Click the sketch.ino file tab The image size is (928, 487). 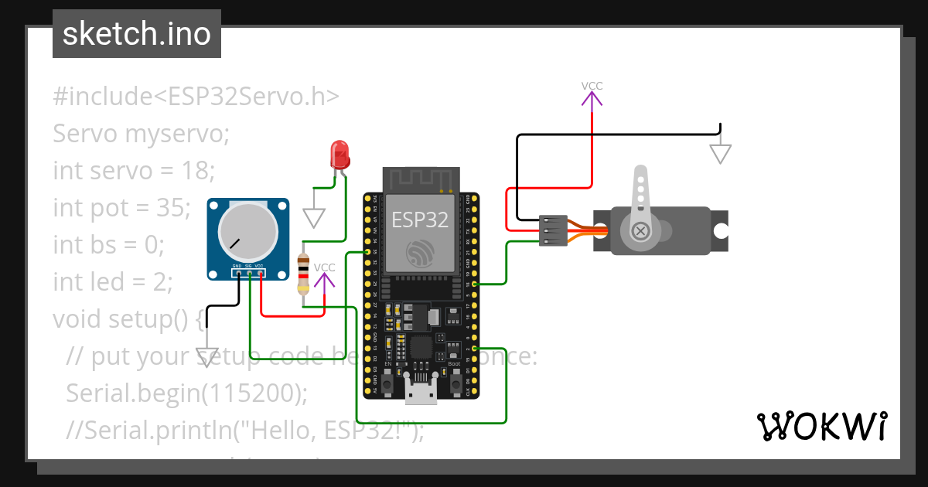coord(137,34)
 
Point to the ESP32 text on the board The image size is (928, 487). coord(419,220)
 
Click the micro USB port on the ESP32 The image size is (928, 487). coord(421,393)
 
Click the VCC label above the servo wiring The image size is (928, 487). coord(592,86)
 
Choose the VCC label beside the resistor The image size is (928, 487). coord(325,267)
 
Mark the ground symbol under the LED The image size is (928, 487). coord(313,217)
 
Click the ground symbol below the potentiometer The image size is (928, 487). coord(206,356)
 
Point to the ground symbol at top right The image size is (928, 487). coord(720,154)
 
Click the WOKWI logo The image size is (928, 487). coord(821,426)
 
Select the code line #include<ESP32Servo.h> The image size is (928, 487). coord(196,97)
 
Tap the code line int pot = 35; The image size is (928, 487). coord(121,208)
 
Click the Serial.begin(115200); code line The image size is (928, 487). coord(186,393)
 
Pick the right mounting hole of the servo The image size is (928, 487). coord(720,230)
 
